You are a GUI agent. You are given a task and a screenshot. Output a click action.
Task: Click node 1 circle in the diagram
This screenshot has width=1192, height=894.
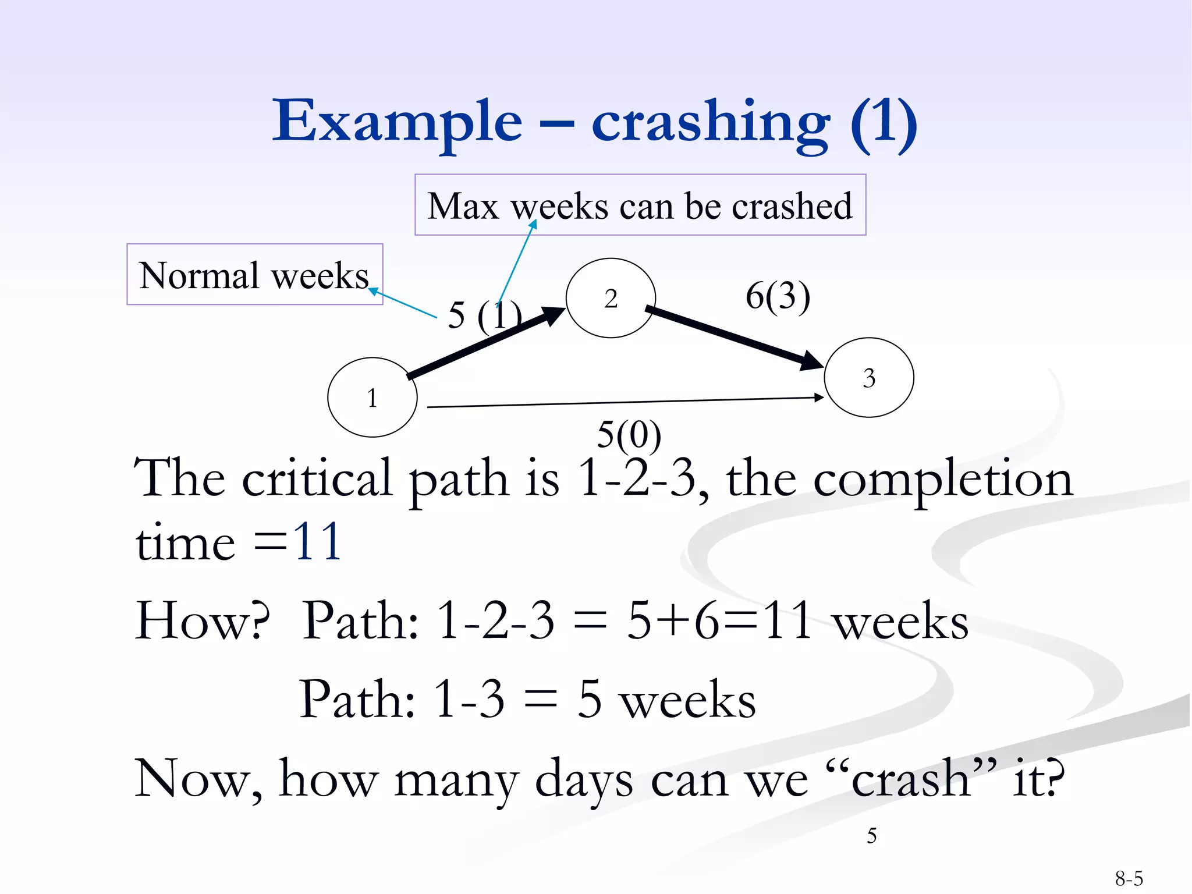372,398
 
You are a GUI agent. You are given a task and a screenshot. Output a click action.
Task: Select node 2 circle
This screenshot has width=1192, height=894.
611,298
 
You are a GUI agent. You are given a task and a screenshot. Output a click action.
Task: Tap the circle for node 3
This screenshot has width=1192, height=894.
869,378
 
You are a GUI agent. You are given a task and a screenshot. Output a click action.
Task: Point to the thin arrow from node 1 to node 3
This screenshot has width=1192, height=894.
623,402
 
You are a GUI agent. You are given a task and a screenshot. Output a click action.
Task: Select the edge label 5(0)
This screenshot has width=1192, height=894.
629,434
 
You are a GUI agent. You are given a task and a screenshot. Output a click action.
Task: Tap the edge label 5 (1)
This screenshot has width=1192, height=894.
484,315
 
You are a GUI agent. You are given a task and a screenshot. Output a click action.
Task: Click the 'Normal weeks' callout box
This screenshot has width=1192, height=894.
255,275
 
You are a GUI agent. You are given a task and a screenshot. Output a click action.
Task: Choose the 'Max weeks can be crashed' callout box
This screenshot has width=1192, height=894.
640,205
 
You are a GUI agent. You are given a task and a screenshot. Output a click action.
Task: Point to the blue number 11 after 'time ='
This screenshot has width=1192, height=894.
317,541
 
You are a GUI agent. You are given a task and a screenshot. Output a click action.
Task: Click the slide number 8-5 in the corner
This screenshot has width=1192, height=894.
1129,878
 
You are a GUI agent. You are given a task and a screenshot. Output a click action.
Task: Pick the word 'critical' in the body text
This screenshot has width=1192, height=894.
317,478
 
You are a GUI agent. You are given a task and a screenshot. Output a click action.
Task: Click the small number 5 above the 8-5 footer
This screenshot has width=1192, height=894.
871,836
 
